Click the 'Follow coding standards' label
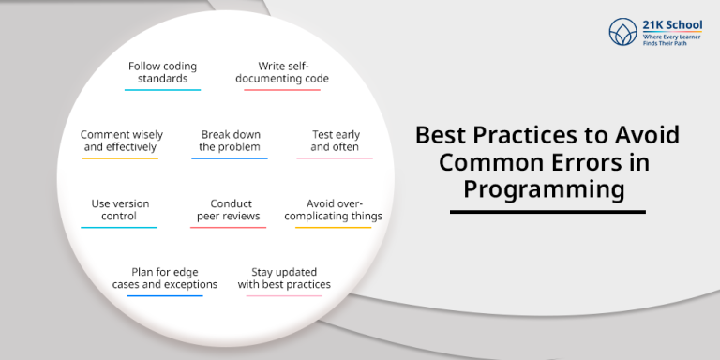(x=162, y=72)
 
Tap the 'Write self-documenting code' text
(x=293, y=72)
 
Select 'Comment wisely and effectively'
(x=119, y=141)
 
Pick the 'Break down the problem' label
(x=230, y=141)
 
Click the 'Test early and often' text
(x=335, y=141)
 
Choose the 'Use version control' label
(x=119, y=210)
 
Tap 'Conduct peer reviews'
(x=230, y=210)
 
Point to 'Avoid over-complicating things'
(x=335, y=210)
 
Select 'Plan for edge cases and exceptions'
(x=164, y=278)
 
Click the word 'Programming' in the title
(x=545, y=189)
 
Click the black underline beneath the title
(x=547, y=212)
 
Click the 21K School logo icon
(x=622, y=33)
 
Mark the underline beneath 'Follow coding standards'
(x=162, y=90)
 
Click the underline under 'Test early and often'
(x=335, y=158)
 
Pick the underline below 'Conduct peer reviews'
(x=230, y=228)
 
